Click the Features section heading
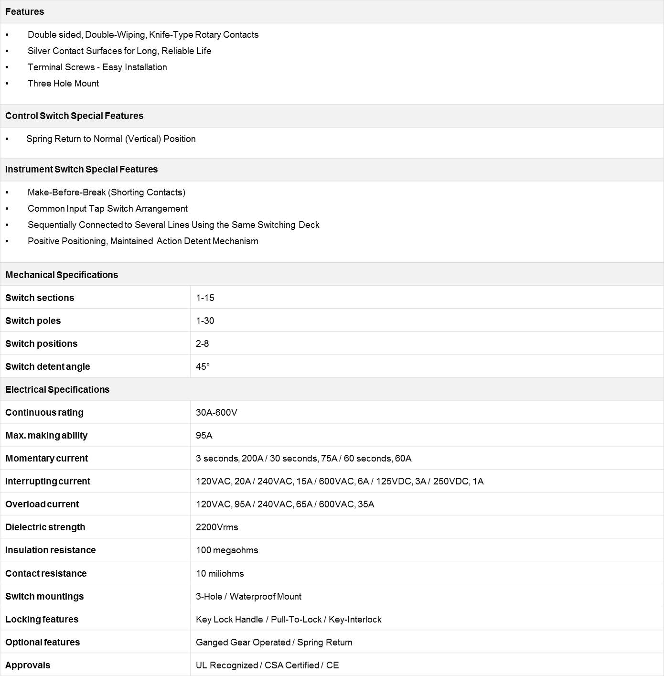pyautogui.click(x=25, y=11)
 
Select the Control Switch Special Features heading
pyautogui.click(x=74, y=116)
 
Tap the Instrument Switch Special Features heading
pyautogui.click(x=81, y=169)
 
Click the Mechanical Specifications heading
pyautogui.click(x=62, y=275)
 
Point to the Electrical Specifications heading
pyautogui.click(x=57, y=389)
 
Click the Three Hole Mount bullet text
pyautogui.click(x=63, y=83)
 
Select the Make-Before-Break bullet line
pyautogui.click(x=106, y=192)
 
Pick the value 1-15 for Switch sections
pyautogui.click(x=205, y=298)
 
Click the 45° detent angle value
pyautogui.click(x=203, y=366)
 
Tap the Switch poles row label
pyautogui.click(x=33, y=321)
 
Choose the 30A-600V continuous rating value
pyautogui.click(x=216, y=412)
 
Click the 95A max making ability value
pyautogui.click(x=204, y=435)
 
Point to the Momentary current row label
pyautogui.click(x=46, y=458)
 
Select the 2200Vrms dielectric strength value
pyautogui.click(x=217, y=527)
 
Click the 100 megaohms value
pyautogui.click(x=227, y=550)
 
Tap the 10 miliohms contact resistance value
pyautogui.click(x=220, y=573)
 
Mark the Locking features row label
pyautogui.click(x=42, y=619)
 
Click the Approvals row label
pyautogui.click(x=28, y=665)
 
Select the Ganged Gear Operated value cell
pyautogui.click(x=274, y=642)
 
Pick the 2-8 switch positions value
pyautogui.click(x=202, y=343)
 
